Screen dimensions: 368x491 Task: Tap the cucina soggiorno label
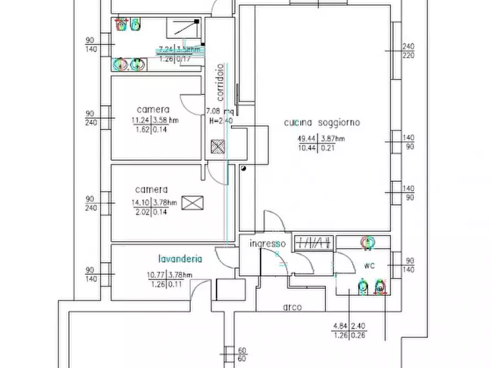tap(322, 122)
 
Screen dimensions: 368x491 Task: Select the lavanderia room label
tap(180, 259)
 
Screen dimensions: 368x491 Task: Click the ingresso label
tap(267, 243)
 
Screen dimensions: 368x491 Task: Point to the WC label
tap(369, 266)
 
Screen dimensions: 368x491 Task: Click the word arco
tap(293, 308)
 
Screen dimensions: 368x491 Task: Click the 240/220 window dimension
tap(408, 51)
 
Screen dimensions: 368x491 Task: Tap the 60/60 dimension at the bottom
tap(242, 354)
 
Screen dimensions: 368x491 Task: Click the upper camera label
tap(153, 109)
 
